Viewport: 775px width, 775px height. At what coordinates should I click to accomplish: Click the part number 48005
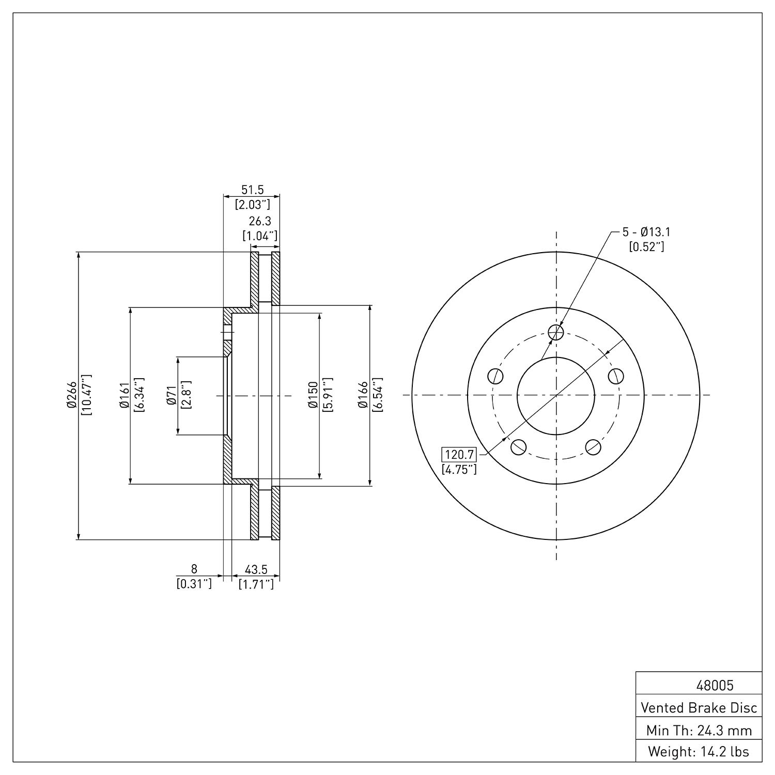click(x=715, y=686)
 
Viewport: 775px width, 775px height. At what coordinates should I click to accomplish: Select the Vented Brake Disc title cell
click(x=699, y=707)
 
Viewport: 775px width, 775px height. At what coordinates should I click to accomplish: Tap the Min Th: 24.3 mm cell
click(x=699, y=730)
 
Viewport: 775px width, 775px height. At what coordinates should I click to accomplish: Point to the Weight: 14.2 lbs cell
click(x=699, y=751)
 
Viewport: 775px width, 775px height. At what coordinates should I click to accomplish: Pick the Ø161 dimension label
click(x=123, y=395)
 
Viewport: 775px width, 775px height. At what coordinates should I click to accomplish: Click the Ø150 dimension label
click(x=312, y=395)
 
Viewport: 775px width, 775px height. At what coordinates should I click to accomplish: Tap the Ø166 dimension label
click(x=363, y=395)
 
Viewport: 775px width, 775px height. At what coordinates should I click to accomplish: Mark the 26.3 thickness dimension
click(x=260, y=222)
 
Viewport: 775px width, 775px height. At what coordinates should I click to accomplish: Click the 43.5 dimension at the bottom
click(x=256, y=569)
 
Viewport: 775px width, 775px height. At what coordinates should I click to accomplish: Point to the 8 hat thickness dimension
click(x=194, y=569)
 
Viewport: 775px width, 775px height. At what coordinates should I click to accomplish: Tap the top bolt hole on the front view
click(x=556, y=332)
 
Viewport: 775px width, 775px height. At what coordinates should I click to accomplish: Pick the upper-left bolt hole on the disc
click(x=496, y=376)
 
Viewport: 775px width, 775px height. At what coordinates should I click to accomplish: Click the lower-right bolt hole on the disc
click(x=593, y=446)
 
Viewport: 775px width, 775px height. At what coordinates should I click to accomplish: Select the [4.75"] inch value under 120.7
click(x=459, y=470)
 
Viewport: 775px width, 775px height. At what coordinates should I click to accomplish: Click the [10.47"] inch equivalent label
click(x=86, y=395)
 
